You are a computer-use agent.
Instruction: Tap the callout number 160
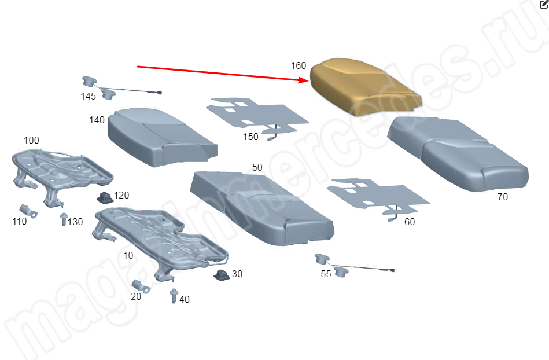click(x=299, y=65)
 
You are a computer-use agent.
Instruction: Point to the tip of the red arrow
click(x=309, y=81)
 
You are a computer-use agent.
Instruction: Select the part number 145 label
click(x=89, y=96)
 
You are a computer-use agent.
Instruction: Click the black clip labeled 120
click(x=105, y=198)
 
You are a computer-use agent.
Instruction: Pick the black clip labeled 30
click(x=222, y=275)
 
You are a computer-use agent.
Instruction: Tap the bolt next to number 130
click(x=64, y=219)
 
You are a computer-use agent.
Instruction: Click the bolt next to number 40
click(x=174, y=296)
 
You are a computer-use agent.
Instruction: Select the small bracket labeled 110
click(x=28, y=211)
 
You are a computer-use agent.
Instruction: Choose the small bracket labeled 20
click(x=141, y=286)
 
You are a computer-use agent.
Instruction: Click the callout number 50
click(x=257, y=167)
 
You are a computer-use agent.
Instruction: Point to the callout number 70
click(x=503, y=197)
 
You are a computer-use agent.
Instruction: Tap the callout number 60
click(x=410, y=222)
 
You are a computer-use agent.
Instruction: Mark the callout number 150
click(x=250, y=137)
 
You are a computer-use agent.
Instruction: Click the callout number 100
click(x=31, y=140)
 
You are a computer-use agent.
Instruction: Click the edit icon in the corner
click(x=544, y=4)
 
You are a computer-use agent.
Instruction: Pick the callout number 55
click(x=326, y=274)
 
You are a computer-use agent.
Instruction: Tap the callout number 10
click(x=128, y=255)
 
